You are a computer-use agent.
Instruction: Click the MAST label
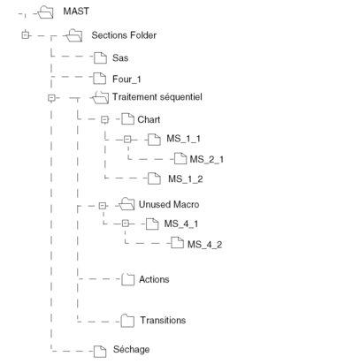point(76,11)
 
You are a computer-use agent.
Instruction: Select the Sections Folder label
point(124,35)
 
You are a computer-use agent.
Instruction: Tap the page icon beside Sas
point(100,57)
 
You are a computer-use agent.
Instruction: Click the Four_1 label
point(126,80)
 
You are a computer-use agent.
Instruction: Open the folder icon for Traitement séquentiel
point(100,97)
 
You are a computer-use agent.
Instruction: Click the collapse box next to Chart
point(104,119)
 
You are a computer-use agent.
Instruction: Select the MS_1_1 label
point(183,139)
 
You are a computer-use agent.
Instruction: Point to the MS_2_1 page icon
point(180,159)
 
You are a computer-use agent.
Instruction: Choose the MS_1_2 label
point(186,178)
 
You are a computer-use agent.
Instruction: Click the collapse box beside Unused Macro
point(103,206)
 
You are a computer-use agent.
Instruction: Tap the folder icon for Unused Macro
point(126,204)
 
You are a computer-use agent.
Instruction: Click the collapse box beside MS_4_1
point(126,224)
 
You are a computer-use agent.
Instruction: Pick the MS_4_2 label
point(205,244)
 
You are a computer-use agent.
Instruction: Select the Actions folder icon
point(127,279)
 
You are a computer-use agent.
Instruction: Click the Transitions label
point(163,320)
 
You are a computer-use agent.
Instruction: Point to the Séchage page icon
point(100,352)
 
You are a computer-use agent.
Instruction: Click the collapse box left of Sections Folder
point(26,35)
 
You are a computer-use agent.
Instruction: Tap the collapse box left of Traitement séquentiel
point(51,98)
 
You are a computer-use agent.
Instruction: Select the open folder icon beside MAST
point(46,12)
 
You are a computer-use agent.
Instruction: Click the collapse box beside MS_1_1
point(127,139)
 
